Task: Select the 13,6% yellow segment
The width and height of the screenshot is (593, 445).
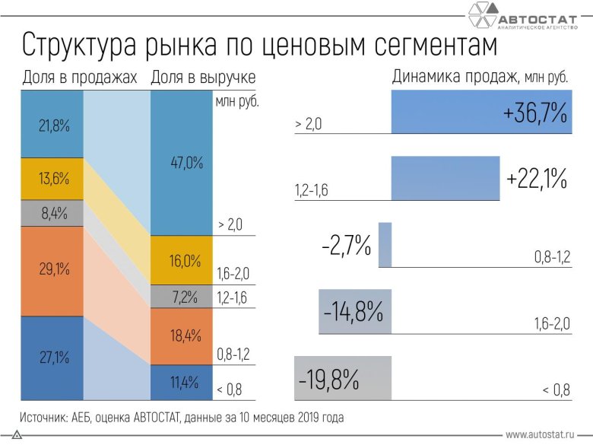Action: point(52,180)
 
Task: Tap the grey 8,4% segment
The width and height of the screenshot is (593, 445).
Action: point(52,214)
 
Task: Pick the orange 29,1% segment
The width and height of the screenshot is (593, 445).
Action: point(52,270)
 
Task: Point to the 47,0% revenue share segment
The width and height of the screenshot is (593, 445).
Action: point(182,163)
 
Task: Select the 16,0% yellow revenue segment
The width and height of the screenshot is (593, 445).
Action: point(182,260)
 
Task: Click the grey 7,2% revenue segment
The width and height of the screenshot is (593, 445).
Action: point(182,296)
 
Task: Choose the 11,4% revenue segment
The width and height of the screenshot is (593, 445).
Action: point(182,382)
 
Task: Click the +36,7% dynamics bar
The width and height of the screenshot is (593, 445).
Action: point(480,113)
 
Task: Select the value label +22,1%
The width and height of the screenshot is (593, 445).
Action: point(537,180)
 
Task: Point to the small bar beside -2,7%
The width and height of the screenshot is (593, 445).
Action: point(385,245)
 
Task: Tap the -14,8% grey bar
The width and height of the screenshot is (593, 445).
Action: point(355,312)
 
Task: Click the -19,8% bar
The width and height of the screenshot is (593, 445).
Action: point(342,378)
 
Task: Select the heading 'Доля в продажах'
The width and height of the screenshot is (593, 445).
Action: point(80,78)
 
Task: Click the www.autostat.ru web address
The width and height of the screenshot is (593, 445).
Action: point(540,434)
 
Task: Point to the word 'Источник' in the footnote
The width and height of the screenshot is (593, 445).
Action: point(44,417)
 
